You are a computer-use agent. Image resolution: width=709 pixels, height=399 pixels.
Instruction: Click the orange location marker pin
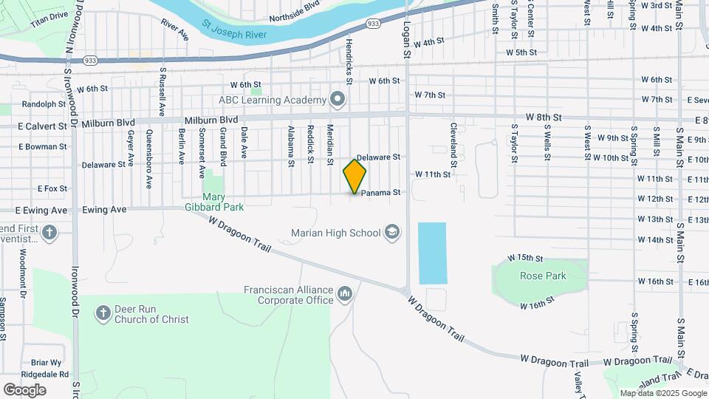coord(354,176)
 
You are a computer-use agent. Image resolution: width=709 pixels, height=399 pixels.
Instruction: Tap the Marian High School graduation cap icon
coord(394,233)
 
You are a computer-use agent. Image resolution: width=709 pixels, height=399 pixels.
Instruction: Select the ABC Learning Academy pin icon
coord(338,100)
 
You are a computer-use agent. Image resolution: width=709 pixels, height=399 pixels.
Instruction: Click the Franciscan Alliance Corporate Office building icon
coord(345,296)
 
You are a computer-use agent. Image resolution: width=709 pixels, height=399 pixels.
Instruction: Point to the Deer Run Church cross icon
coord(103,314)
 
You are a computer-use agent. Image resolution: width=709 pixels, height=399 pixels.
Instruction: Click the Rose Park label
coord(542,276)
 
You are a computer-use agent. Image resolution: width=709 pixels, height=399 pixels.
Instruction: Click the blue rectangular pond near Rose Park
coord(432,253)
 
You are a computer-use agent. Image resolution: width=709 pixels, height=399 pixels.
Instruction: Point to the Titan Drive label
coord(49,15)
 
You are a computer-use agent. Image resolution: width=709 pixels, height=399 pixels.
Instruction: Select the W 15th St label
coord(525,258)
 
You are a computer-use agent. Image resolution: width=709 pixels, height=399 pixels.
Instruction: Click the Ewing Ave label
coord(108,210)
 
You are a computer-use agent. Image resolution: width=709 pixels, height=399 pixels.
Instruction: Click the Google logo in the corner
coord(24,389)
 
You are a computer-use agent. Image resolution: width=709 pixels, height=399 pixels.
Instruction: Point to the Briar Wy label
coord(46,363)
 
